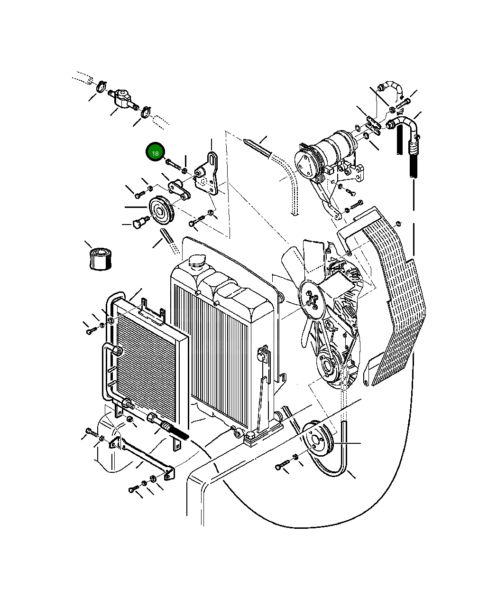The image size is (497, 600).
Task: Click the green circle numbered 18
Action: tap(155, 152)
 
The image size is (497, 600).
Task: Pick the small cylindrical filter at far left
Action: tap(100, 259)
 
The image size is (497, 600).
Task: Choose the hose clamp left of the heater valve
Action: tap(101, 87)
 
